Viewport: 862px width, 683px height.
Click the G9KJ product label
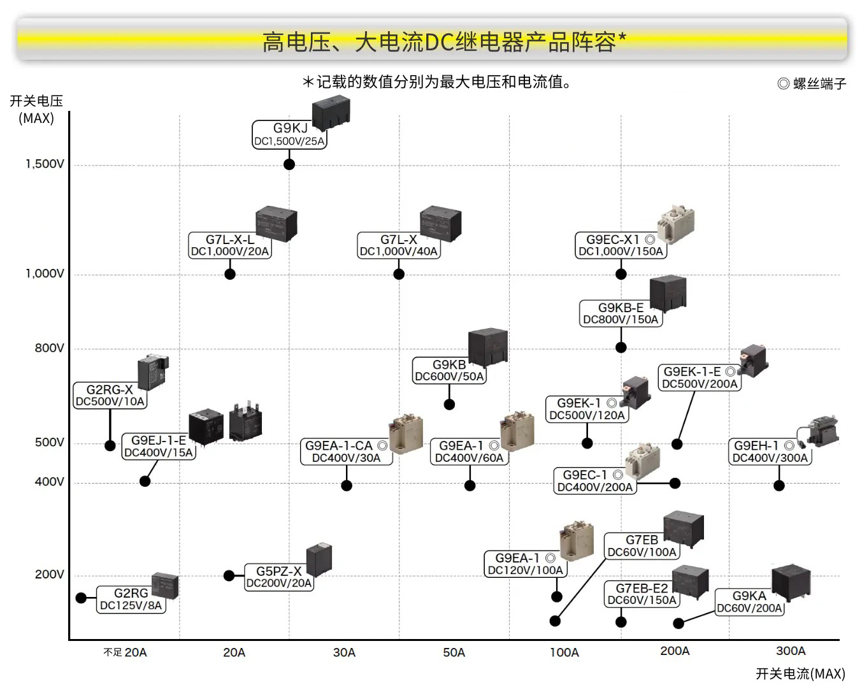pyautogui.click(x=289, y=134)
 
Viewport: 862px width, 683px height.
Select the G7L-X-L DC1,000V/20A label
pyautogui.click(x=230, y=245)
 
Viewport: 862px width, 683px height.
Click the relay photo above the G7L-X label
pyautogui.click(x=440, y=224)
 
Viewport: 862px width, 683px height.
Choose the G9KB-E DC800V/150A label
pyautogui.click(x=621, y=313)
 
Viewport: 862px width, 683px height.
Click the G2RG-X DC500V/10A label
pyautogui.click(x=110, y=395)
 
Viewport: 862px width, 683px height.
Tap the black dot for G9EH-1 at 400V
pyautogui.click(x=779, y=485)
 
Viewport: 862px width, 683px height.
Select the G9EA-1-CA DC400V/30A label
pyautogui.click(x=346, y=452)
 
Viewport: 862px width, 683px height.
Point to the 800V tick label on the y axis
pyautogui.click(x=49, y=348)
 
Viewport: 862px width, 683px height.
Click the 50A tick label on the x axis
pyautogui.click(x=454, y=652)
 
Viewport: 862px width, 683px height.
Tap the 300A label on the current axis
pyautogui.click(x=791, y=651)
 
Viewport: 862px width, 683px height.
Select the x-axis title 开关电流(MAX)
pyautogui.click(x=800, y=673)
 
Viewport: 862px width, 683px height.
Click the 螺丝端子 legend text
pyautogui.click(x=819, y=83)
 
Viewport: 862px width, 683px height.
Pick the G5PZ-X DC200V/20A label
pyautogui.click(x=279, y=577)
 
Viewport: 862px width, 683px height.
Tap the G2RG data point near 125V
pyautogui.click(x=81, y=598)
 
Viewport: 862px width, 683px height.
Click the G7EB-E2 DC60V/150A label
pyautogui.click(x=642, y=594)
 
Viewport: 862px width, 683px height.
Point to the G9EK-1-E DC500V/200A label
pyautogui.click(x=699, y=377)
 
